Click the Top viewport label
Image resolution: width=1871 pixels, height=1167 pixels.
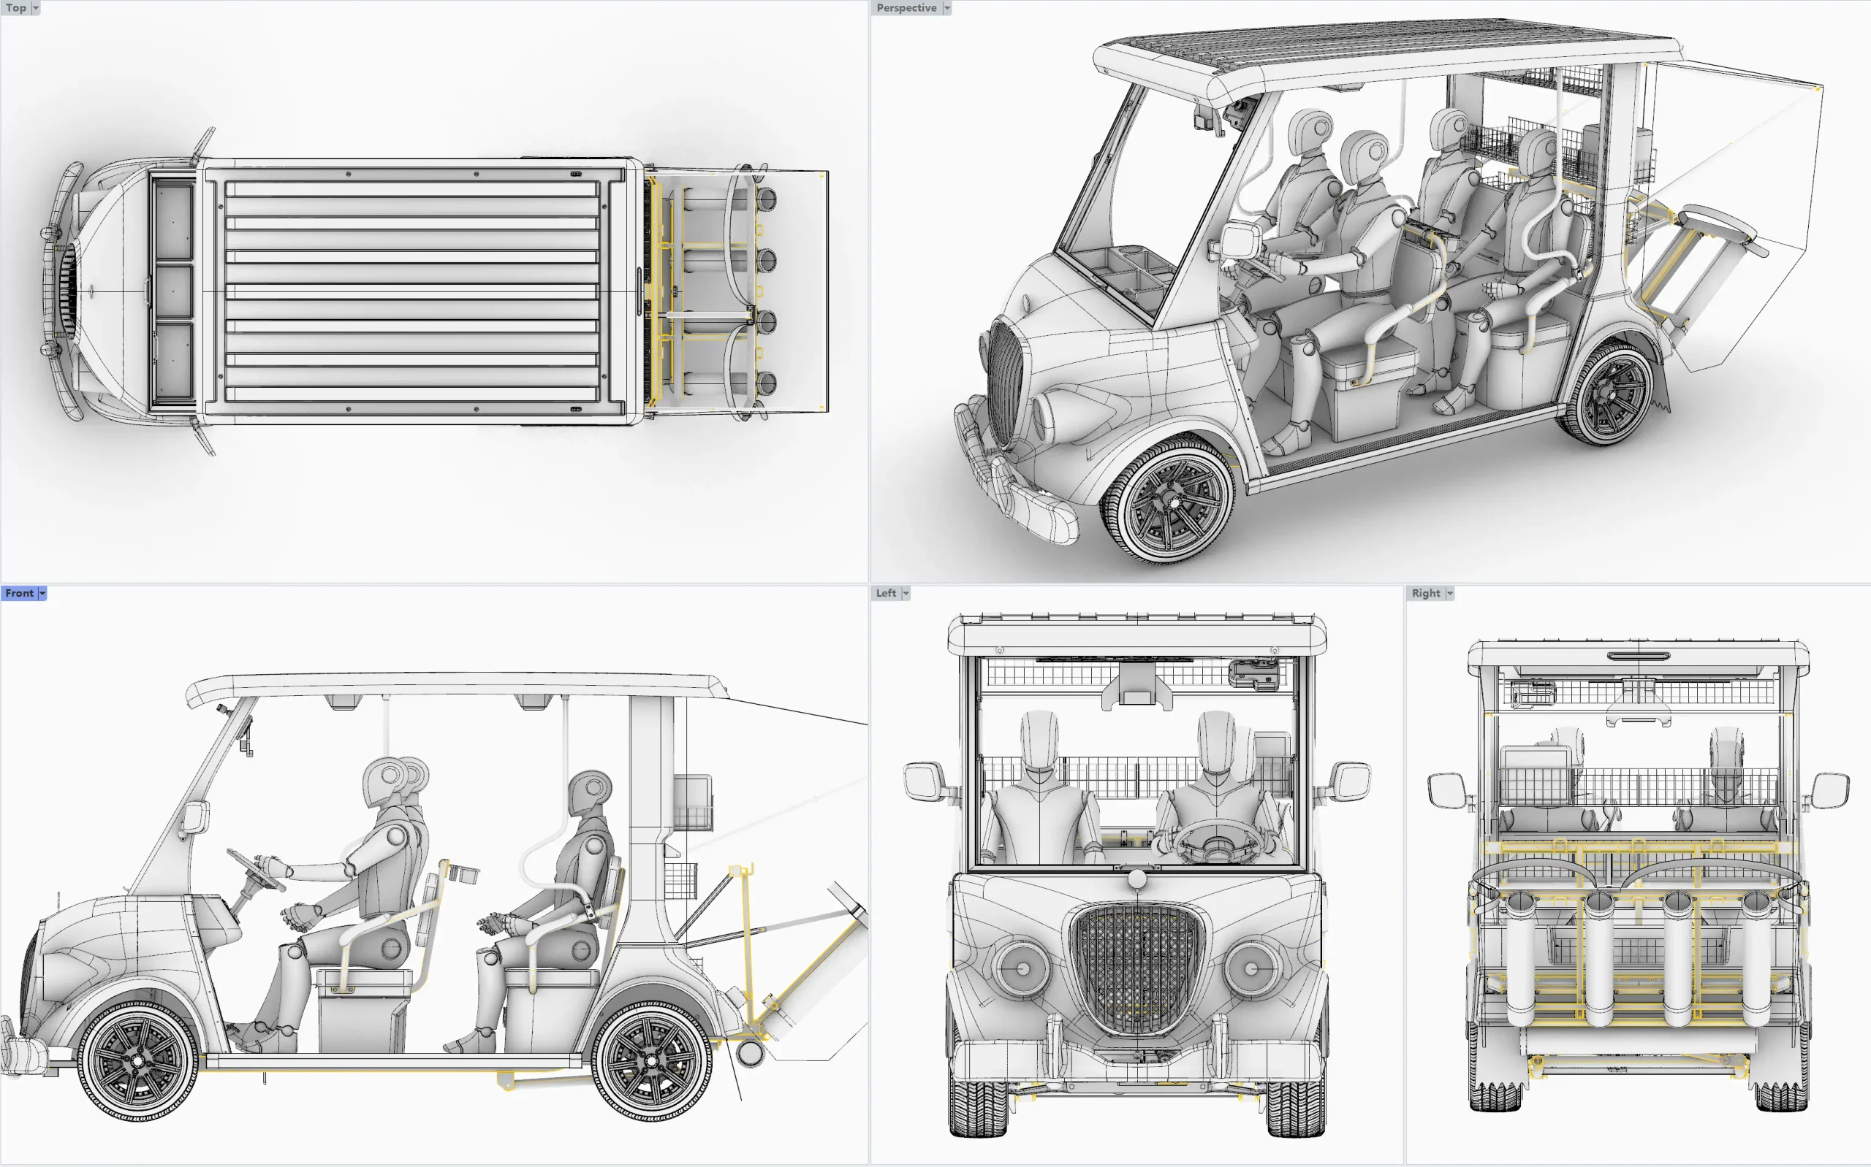(x=15, y=8)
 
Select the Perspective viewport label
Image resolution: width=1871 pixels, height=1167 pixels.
(x=906, y=8)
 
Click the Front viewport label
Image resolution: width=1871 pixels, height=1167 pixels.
(x=19, y=593)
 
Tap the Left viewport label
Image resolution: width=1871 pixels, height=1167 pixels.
(x=886, y=593)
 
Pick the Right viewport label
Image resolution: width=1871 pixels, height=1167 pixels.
(x=1425, y=593)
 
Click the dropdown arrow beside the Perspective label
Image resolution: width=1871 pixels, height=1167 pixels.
(x=946, y=8)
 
